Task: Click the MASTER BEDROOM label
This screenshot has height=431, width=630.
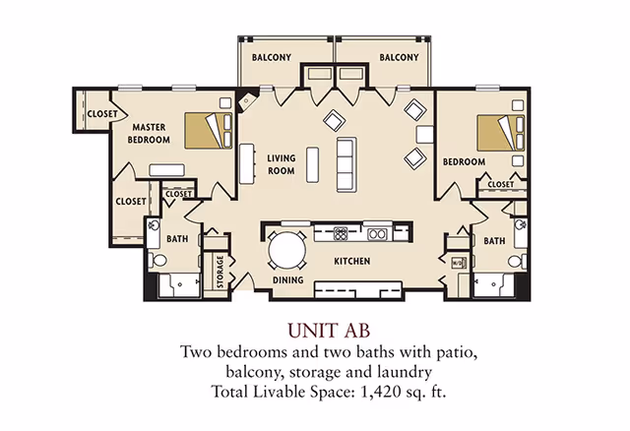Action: point(149,134)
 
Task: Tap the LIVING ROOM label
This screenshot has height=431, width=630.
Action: point(282,164)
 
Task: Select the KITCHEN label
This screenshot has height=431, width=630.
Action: point(352,261)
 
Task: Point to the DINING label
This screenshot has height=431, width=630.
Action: point(288,279)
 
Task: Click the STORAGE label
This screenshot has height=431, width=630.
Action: point(220,272)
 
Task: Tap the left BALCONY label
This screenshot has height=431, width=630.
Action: point(272,57)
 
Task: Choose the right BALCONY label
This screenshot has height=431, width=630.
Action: point(399,57)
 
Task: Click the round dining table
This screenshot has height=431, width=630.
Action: point(286,250)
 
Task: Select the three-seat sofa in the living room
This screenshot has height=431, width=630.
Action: point(346,164)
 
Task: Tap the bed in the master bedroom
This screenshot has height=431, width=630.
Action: point(209,131)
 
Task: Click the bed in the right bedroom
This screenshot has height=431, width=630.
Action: point(501,133)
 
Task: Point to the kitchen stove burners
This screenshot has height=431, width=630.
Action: point(341,234)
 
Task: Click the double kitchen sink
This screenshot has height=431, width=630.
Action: point(377,234)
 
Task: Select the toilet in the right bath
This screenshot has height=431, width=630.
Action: point(518,262)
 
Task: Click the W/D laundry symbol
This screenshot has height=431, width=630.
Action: point(458,263)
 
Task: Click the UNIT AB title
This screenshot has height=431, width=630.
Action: point(329,331)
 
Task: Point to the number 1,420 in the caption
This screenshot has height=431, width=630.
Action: point(381,392)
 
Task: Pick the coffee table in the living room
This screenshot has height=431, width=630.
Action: point(313,164)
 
